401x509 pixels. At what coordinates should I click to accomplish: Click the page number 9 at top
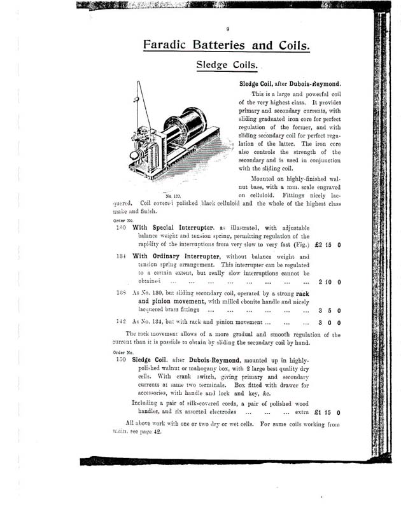tap(227, 29)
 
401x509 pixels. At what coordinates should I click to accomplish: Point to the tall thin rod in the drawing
tap(136, 118)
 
